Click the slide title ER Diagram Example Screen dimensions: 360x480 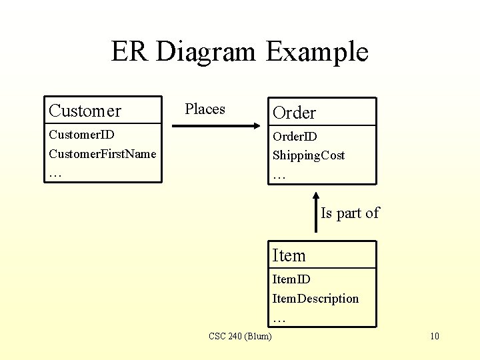pyautogui.click(x=239, y=52)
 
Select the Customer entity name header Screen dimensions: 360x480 pyautogui.click(x=85, y=111)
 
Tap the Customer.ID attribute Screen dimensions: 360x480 pyautogui.click(x=82, y=135)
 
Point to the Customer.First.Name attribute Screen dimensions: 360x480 pyautogui.click(x=102, y=154)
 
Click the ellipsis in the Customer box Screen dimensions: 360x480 pyautogui.click(x=55, y=173)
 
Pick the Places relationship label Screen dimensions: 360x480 pyautogui.click(x=205, y=109)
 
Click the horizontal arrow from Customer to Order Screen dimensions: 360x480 pyautogui.click(x=220, y=125)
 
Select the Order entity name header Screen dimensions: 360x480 pyautogui.click(x=294, y=113)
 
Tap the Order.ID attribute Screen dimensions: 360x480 pyautogui.click(x=295, y=137)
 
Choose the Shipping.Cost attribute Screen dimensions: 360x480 pyautogui.click(x=308, y=155)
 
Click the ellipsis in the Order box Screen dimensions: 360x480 pyautogui.click(x=279, y=176)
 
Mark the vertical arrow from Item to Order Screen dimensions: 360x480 pyautogui.click(x=316, y=212)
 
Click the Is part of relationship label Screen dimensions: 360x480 pyautogui.click(x=349, y=213)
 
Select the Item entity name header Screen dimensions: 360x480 pyautogui.click(x=289, y=256)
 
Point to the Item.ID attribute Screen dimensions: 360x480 pyautogui.click(x=291, y=279)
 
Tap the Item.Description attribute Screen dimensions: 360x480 pyautogui.click(x=315, y=299)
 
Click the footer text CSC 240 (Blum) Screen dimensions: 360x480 pyautogui.click(x=240, y=336)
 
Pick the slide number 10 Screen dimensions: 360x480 pyautogui.click(x=434, y=336)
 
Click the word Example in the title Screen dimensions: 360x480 pyautogui.click(x=317, y=52)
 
